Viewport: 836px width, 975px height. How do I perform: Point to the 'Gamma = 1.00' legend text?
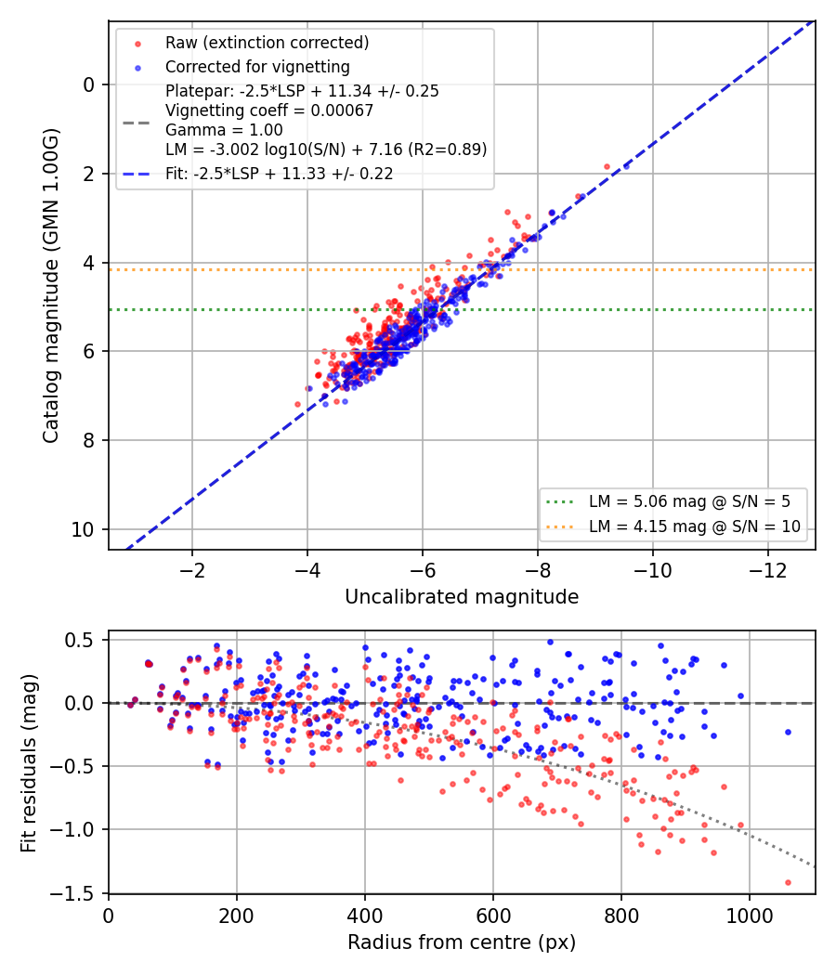224,130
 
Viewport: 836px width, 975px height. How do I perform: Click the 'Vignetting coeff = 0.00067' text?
269,110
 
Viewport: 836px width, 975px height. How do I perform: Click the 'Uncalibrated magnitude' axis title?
462,597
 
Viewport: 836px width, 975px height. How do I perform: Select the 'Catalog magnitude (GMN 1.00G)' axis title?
50,285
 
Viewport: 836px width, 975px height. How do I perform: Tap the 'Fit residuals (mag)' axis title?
29,763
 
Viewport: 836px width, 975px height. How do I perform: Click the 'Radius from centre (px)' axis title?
462,942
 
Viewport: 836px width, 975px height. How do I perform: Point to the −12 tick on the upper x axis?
769,570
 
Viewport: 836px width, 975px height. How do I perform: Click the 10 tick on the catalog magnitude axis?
83,530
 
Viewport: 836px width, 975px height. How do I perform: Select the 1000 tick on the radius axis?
749,916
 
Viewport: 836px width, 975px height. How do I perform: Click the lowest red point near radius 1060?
788,882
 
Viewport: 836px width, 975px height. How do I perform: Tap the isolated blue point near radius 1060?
788,733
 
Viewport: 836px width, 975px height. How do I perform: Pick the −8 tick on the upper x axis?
538,570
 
